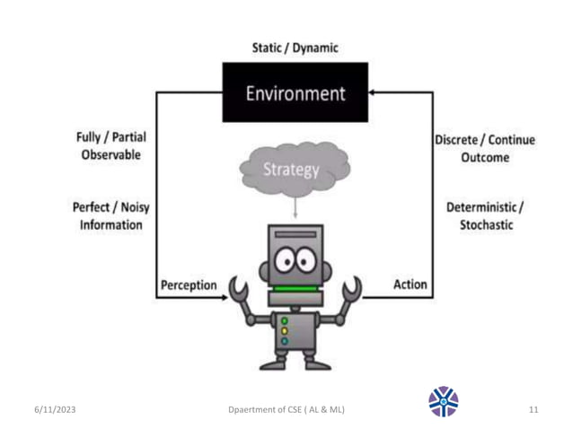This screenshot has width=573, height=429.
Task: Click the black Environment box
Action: pos(295,92)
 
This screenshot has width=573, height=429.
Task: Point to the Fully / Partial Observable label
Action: pos(110,146)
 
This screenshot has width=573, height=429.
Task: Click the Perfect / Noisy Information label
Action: pos(108,215)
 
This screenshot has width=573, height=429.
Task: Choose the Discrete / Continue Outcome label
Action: pos(485,148)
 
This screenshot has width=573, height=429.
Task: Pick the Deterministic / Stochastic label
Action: pos(484,215)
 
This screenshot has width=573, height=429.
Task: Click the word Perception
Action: pos(189,285)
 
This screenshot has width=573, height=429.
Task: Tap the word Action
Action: pos(410,285)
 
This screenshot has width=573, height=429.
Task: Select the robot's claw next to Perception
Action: pos(239,290)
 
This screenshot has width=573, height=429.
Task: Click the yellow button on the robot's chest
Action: pos(285,329)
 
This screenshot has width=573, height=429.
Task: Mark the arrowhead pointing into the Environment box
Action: pos(374,92)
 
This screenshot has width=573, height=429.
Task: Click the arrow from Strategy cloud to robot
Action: pos(295,207)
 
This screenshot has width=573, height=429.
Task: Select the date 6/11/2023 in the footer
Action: pos(54,409)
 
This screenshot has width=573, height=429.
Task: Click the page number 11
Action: pos(533,409)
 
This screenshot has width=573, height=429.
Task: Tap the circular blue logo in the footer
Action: pos(444,402)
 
